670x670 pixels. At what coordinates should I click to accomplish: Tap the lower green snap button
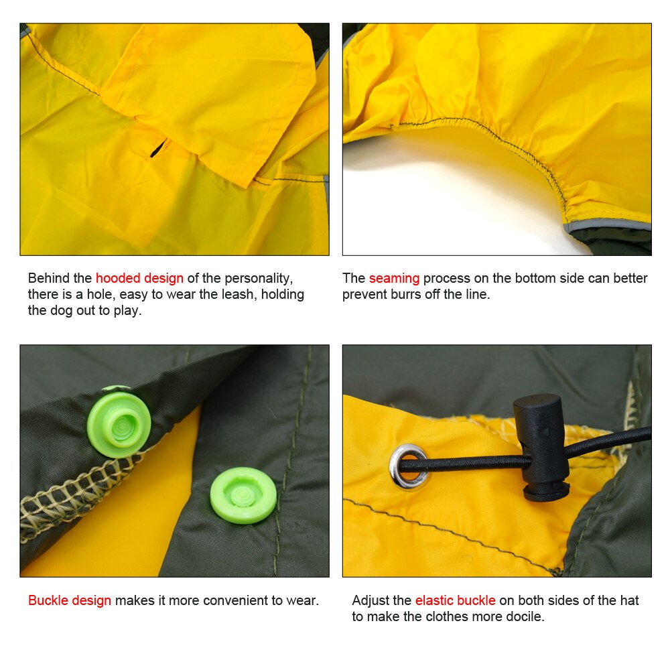(243, 495)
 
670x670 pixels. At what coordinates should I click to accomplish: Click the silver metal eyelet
(409, 466)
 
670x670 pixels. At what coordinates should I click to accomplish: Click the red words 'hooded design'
(139, 278)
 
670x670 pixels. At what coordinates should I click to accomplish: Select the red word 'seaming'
(394, 278)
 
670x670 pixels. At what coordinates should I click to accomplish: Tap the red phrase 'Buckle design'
(70, 600)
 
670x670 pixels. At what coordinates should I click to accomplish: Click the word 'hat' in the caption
(630, 600)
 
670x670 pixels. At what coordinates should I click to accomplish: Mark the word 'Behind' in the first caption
(49, 278)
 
